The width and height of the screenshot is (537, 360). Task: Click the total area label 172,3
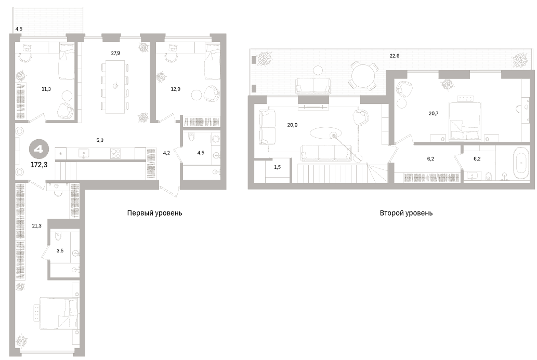coord(39,165)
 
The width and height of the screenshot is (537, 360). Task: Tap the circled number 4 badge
coord(39,150)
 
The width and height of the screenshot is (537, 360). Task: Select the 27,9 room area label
coord(115,53)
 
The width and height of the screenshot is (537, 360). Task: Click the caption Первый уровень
coord(154,213)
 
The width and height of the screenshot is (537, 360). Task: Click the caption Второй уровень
coord(406,213)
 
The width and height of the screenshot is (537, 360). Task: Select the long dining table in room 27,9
coord(115,87)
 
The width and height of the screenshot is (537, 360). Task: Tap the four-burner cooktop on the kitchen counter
coord(115,153)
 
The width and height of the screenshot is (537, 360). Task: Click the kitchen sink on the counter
coord(84,153)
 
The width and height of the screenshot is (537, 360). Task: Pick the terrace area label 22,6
coord(395,56)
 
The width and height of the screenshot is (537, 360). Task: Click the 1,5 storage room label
coord(278,167)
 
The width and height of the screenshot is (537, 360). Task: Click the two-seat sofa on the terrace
coord(313,85)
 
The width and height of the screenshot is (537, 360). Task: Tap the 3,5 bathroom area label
coord(60,250)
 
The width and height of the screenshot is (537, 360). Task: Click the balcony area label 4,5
coord(19,29)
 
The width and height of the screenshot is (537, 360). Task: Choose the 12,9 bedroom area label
coord(176,89)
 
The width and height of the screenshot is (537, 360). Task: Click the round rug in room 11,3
coord(67,95)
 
